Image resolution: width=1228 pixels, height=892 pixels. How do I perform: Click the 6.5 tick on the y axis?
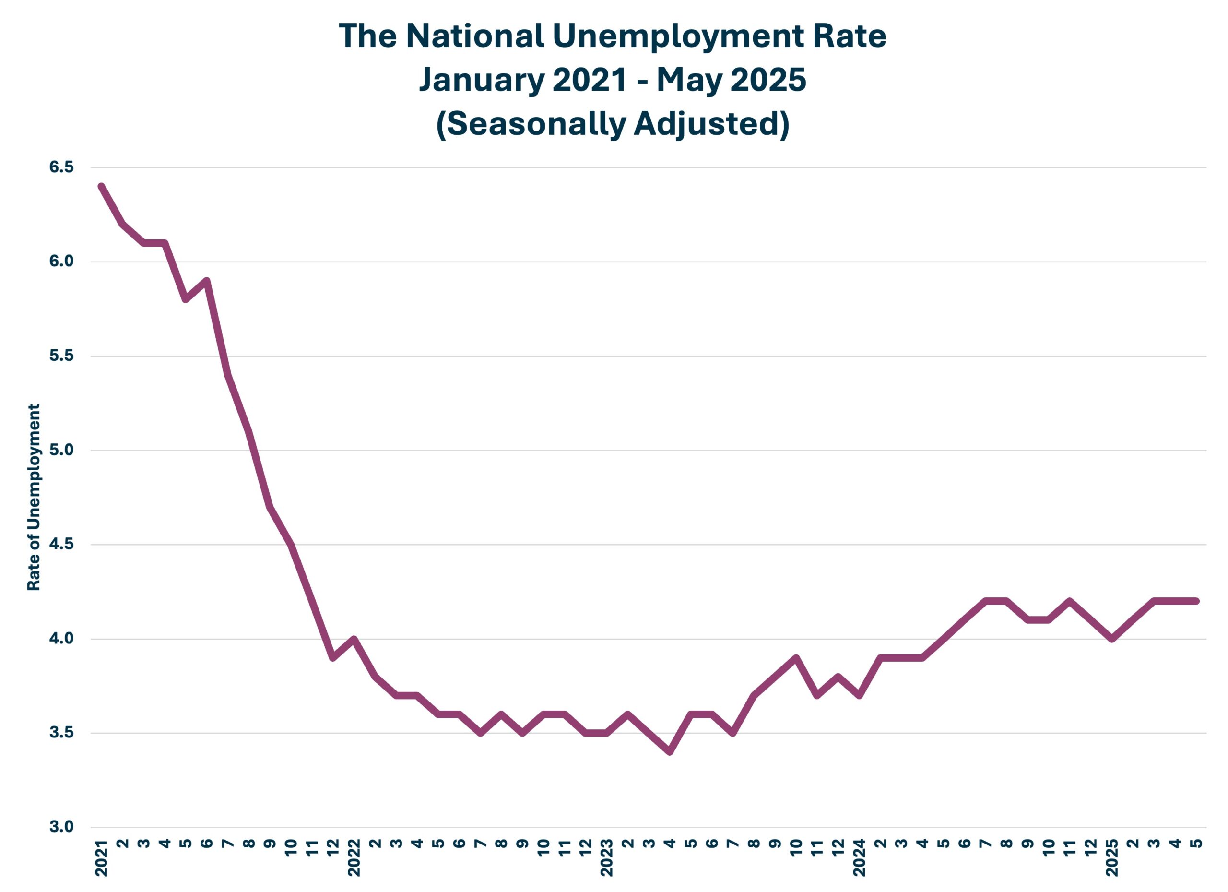pos(61,167)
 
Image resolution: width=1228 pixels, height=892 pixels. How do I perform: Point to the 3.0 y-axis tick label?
pos(61,827)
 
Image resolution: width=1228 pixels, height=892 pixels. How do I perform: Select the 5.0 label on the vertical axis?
pos(61,450)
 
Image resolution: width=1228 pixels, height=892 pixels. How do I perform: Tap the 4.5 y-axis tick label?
pos(61,544)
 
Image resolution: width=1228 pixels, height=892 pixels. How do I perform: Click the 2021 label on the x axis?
pos(101,858)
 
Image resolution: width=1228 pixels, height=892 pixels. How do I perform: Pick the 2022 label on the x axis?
pos(354,858)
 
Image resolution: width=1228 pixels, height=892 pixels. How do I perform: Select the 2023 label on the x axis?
pos(606,858)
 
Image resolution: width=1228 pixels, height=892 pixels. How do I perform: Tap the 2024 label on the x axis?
pos(859,858)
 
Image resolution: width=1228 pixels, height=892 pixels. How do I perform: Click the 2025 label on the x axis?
pos(1111,858)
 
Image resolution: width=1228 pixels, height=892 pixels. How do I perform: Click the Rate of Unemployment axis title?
pos(34,497)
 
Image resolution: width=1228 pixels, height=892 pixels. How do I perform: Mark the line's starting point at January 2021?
pos(101,186)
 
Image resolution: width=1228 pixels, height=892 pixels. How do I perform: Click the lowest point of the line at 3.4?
pos(670,752)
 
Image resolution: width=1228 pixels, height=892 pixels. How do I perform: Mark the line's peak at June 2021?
pos(206,281)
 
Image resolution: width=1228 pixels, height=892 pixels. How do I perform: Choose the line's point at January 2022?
pos(354,639)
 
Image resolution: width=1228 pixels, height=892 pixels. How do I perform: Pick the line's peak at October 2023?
pos(796,657)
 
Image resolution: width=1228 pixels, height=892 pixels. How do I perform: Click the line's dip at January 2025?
pos(1111,639)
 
